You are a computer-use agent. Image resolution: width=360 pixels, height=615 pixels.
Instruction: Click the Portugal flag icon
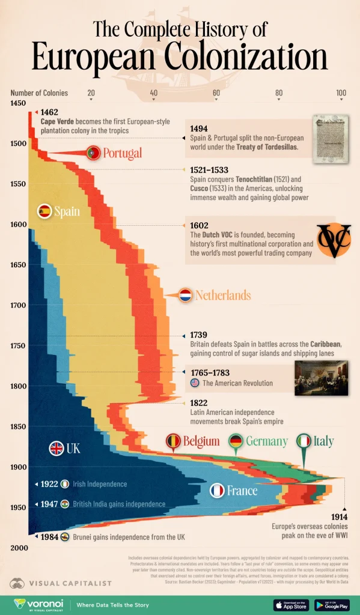[93, 153]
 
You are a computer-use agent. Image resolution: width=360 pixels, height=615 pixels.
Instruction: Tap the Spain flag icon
[44, 211]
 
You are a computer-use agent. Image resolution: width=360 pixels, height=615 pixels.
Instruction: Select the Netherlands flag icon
[185, 295]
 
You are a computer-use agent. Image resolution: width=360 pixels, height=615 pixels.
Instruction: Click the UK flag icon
[56, 448]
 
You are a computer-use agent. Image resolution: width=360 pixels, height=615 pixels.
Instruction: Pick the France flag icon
[217, 491]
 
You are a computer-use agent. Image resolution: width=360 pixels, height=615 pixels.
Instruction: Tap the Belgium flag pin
[174, 442]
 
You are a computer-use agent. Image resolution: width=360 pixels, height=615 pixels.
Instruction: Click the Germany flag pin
[237, 442]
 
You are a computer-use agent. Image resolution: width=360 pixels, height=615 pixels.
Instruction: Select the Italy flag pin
[305, 442]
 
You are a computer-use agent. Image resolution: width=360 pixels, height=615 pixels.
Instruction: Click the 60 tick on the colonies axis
[216, 93]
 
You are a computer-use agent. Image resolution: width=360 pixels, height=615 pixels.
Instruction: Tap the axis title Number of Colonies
[39, 93]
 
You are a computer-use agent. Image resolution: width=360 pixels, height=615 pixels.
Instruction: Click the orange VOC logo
[334, 240]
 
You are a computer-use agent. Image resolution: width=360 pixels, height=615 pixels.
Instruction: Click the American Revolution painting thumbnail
[321, 378]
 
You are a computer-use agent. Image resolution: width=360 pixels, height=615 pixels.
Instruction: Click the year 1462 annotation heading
[49, 112]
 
